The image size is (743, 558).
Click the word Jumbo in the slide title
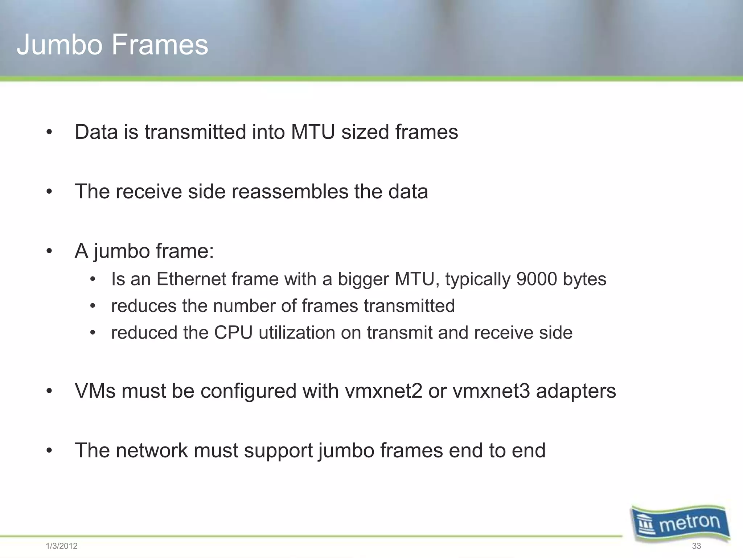tap(59, 45)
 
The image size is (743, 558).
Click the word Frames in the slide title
tap(160, 45)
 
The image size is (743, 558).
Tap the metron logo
tap(681, 523)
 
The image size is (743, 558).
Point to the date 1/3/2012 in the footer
tap(62, 546)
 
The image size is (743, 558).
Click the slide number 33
tap(696, 546)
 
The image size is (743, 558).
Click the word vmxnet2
tap(383, 391)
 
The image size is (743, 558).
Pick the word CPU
tap(233, 333)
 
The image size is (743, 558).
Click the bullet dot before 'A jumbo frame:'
tap(49, 251)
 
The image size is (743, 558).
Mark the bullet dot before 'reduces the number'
tap(93, 306)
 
